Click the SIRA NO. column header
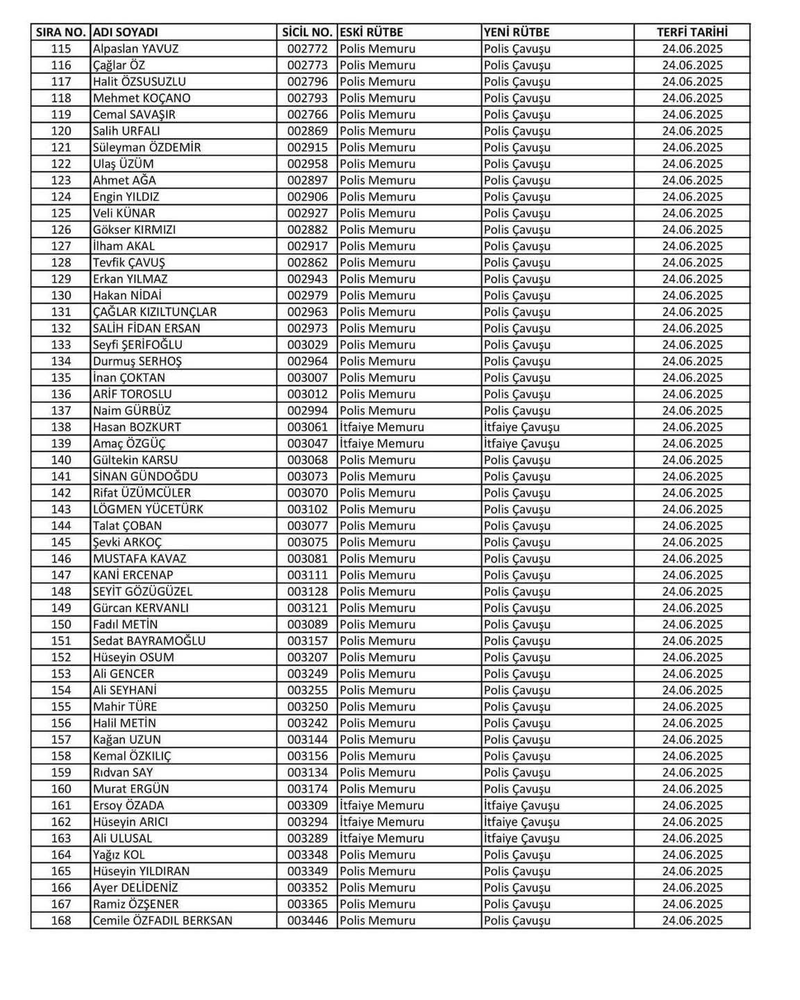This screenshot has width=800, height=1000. [x=60, y=32]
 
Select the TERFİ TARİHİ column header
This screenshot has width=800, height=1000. [x=692, y=32]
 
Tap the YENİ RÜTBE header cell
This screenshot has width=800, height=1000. [x=516, y=32]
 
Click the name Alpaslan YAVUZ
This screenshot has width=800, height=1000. [x=135, y=49]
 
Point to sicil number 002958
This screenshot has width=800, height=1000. [x=307, y=164]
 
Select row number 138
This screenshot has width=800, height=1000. [x=61, y=427]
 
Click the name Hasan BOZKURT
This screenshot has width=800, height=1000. [x=137, y=427]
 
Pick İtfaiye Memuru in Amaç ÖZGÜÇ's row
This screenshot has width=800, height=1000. [x=381, y=444]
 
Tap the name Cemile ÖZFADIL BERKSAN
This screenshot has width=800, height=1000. [x=162, y=921]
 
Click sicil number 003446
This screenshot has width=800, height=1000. [x=307, y=921]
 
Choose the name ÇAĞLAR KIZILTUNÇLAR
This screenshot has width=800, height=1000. [x=155, y=312]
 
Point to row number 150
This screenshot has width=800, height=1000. [x=61, y=624]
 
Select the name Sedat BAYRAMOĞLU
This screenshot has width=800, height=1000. [x=149, y=641]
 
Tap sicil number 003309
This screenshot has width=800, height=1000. [x=307, y=806]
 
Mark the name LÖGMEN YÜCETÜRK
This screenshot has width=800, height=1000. [x=148, y=509]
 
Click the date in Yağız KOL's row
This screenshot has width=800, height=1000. [x=692, y=855]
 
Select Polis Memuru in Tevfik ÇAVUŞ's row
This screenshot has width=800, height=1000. [x=377, y=262]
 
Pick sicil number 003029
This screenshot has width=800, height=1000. [x=307, y=345]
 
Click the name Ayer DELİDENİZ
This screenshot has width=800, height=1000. [x=135, y=887]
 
